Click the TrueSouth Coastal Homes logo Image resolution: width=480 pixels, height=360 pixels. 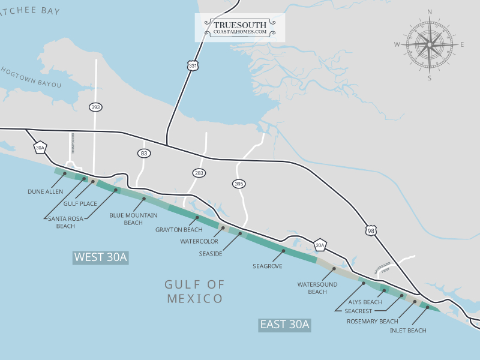click(240, 28)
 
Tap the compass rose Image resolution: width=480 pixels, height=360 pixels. click(430, 44)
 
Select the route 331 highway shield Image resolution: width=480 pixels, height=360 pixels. click(192, 66)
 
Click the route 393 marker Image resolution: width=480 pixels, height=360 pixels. click(95, 107)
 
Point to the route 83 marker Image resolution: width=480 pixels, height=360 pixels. click(143, 154)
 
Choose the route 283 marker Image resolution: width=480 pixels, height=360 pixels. click(199, 173)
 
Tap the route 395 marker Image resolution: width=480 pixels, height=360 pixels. click(239, 184)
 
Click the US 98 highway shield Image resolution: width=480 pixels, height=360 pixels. click(372, 230)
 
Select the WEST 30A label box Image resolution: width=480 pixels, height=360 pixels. click(101, 257)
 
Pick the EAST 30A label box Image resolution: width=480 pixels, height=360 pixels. click(285, 325)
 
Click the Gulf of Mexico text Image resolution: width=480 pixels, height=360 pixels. click(195, 291)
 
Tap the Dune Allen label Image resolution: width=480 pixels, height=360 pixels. click(45, 192)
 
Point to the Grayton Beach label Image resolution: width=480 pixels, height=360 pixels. click(179, 230)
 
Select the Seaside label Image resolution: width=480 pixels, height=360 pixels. click(211, 254)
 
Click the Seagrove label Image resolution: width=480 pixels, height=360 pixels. click(267, 266)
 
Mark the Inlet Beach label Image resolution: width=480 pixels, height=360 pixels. click(408, 331)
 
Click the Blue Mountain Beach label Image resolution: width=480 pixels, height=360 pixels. click(133, 218)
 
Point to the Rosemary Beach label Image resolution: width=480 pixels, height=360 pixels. click(372, 321)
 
